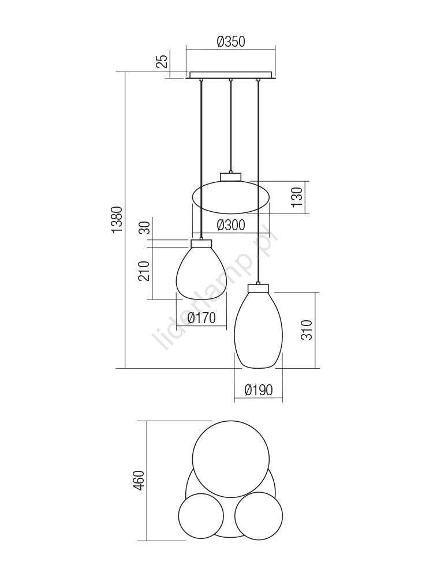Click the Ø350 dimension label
pyautogui.click(x=231, y=42)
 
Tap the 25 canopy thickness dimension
pyautogui.click(x=162, y=61)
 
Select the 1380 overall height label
pyautogui.click(x=117, y=220)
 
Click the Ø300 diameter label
pyautogui.click(x=231, y=225)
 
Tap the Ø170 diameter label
pyautogui.click(x=201, y=317)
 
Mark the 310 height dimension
pyautogui.click(x=307, y=329)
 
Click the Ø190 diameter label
pyautogui.click(x=259, y=389)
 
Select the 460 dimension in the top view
pyautogui.click(x=140, y=480)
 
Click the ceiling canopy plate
pyautogui.click(x=230, y=75)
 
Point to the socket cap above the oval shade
pyautogui.click(x=230, y=177)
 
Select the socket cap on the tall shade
pyautogui.click(x=258, y=288)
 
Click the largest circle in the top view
pyautogui.click(x=231, y=459)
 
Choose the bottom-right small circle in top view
pyautogui.click(x=259, y=516)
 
